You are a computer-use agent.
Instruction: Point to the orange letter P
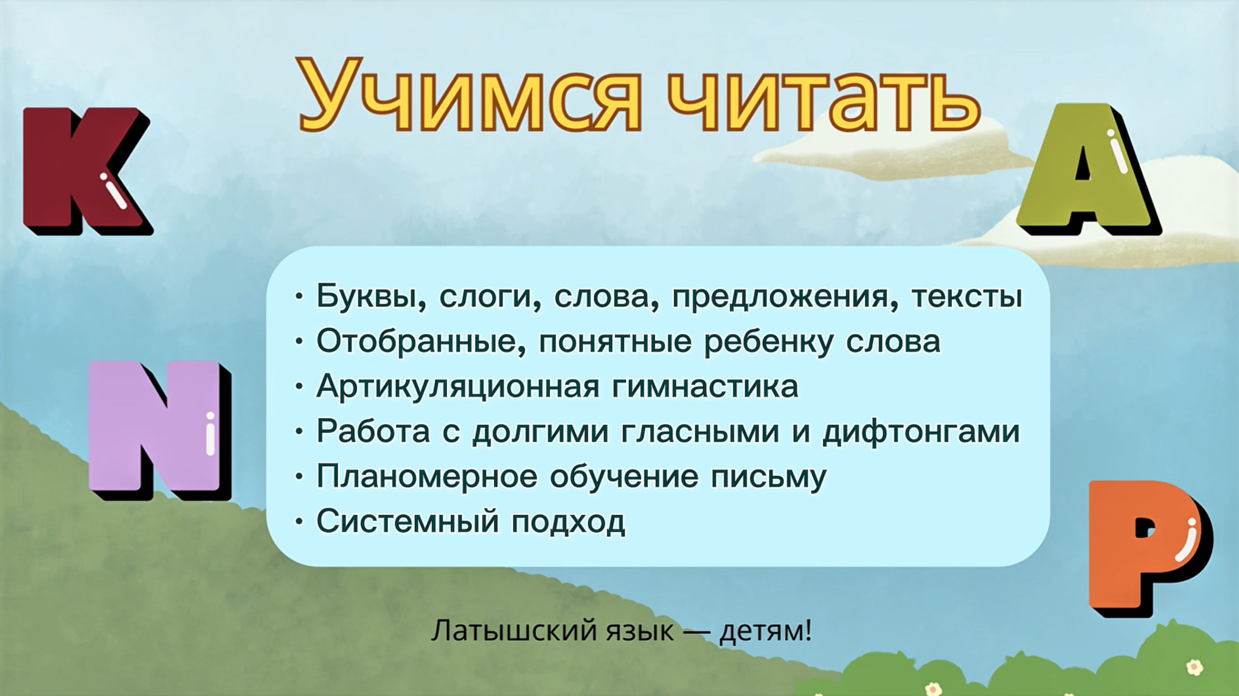(x=1149, y=547)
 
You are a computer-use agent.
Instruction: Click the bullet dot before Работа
(x=300, y=431)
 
